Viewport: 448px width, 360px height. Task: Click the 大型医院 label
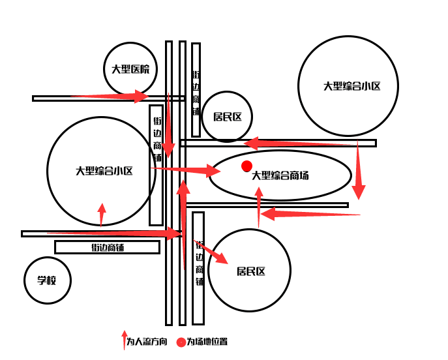tap(130, 69)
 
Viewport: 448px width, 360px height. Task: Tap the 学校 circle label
tap(46, 280)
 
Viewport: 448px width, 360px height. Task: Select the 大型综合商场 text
tap(280, 175)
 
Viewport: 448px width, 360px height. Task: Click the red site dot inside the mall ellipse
tap(246, 166)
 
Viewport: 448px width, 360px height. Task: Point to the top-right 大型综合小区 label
tap(352, 86)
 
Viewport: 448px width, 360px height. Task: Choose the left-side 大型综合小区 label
tap(104, 171)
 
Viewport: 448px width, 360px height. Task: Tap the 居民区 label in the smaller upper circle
tap(227, 117)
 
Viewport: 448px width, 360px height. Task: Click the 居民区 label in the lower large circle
tap(251, 271)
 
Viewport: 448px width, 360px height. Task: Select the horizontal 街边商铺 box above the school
tap(107, 247)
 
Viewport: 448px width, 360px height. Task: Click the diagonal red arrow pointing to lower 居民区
tap(212, 253)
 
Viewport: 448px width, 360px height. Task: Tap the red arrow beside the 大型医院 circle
tap(111, 97)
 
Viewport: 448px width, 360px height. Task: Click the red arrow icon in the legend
tap(124, 340)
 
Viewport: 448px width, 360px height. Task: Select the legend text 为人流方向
tap(147, 342)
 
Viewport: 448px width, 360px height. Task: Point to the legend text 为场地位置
tap(207, 342)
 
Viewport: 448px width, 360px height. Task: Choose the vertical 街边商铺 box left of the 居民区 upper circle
tap(196, 80)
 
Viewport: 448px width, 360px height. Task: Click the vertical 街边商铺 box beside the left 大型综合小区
tap(157, 164)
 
